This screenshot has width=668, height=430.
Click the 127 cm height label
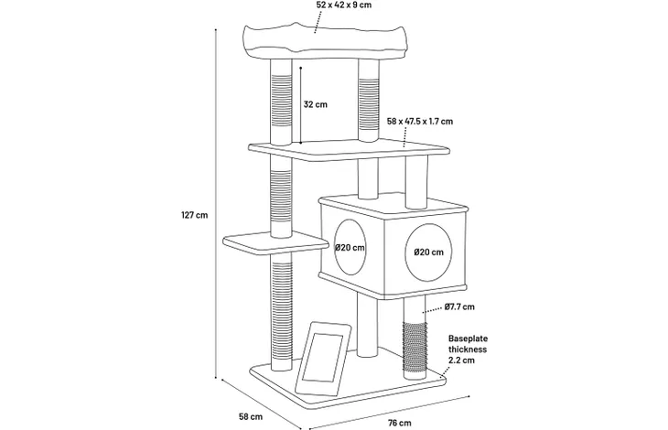click(195, 215)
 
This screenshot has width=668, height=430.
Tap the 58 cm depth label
click(251, 416)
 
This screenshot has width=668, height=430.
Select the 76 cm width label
click(400, 423)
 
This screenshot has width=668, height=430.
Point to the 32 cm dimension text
click(316, 104)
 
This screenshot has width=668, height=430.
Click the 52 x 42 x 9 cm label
click(344, 5)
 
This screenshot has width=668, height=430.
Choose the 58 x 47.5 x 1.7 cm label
click(420, 122)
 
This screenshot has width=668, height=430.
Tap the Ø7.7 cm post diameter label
click(459, 306)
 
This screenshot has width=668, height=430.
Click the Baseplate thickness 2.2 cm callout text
click(468, 349)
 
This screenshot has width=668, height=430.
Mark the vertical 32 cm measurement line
click(301, 105)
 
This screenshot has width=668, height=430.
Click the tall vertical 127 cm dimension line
click(216, 203)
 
